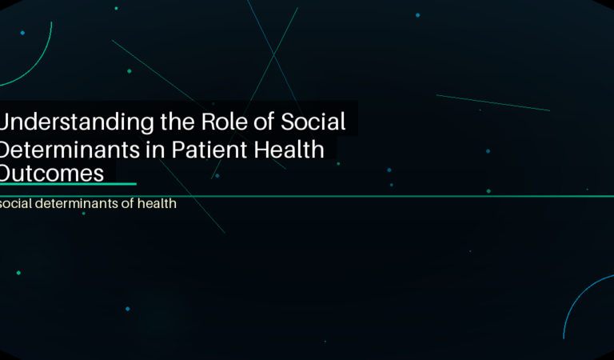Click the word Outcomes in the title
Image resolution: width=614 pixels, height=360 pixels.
52,173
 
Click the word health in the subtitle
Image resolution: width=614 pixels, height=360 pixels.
157,204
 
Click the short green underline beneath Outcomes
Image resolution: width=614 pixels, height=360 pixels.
68,184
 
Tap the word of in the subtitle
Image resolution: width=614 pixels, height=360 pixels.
130,204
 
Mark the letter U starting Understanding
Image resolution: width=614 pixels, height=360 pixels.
6,122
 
